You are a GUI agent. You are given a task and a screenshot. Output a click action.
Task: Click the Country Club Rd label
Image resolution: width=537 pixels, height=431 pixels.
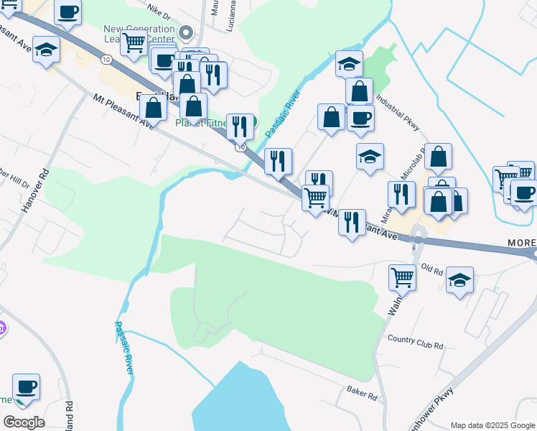tap(415, 342)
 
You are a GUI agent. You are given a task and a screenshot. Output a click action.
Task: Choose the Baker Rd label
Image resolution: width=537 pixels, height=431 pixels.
tap(362, 394)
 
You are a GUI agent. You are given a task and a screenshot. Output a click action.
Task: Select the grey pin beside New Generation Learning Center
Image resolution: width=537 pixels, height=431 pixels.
tap(186, 32)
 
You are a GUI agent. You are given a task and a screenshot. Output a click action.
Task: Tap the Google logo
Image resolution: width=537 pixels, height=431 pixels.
tap(24, 422)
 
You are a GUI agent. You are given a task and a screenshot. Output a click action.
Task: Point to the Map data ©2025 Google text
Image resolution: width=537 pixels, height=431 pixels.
tap(492, 425)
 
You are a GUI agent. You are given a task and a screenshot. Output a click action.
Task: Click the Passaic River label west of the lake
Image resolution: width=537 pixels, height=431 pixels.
tap(124, 347)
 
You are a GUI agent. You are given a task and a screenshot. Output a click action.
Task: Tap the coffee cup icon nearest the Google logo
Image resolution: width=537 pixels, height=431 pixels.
tap(26, 387)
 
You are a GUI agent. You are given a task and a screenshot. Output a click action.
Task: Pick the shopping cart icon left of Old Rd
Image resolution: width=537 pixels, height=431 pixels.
tap(402, 276)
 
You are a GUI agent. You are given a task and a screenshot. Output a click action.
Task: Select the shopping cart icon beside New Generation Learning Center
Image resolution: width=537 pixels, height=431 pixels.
tap(134, 43)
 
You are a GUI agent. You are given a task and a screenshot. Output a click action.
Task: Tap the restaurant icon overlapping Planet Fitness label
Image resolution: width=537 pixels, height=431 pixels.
tap(240, 126)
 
